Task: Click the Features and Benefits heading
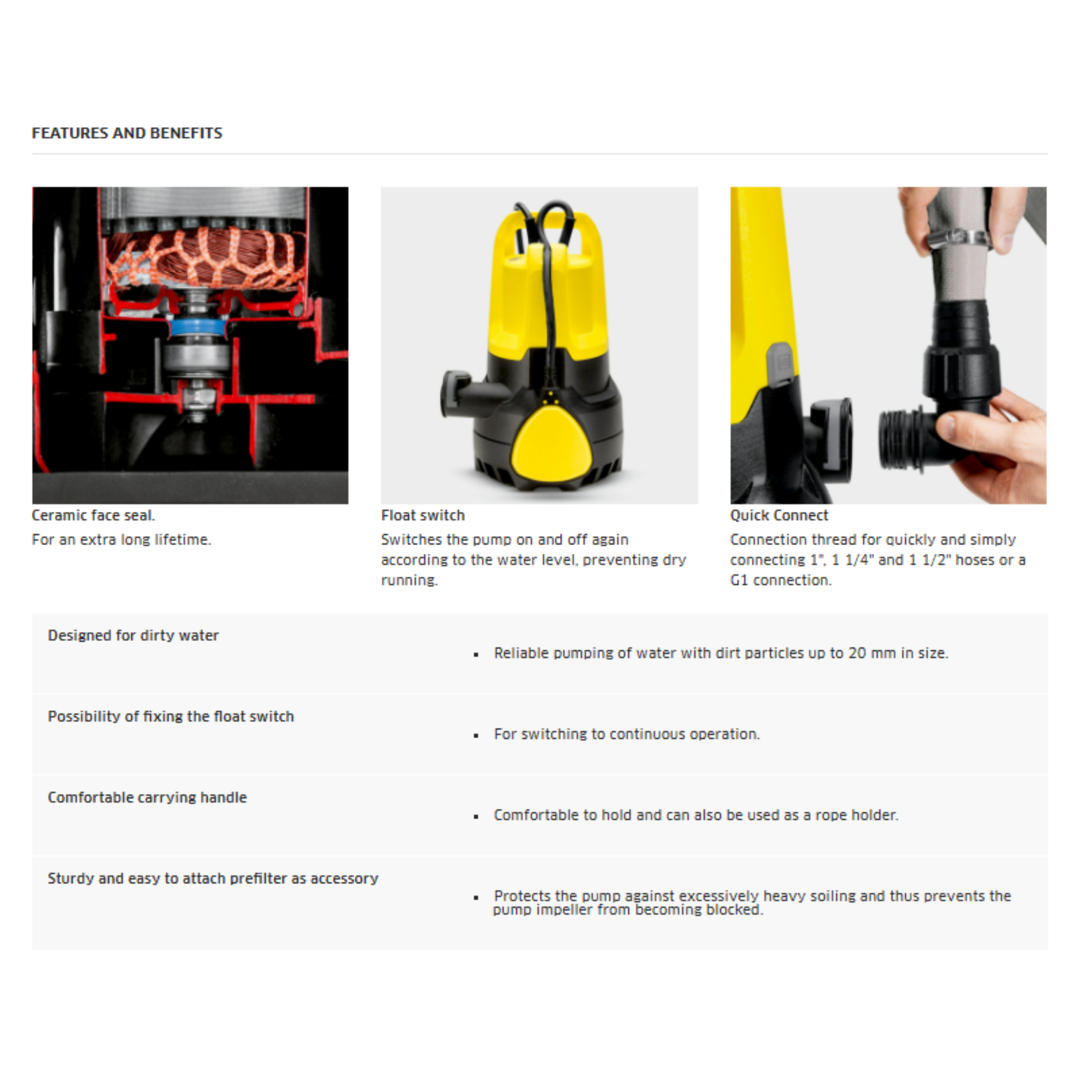127,133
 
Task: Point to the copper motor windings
206,257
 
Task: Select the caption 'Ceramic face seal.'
93,515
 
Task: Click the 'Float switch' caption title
423,515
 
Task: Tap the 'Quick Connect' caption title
779,515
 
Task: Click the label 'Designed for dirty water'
133,636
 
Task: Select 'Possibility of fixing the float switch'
170,716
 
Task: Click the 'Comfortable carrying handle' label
147,797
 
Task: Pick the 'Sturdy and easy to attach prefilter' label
213,878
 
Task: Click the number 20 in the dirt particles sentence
857,653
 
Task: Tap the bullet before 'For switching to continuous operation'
476,736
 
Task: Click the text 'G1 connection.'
780,581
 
